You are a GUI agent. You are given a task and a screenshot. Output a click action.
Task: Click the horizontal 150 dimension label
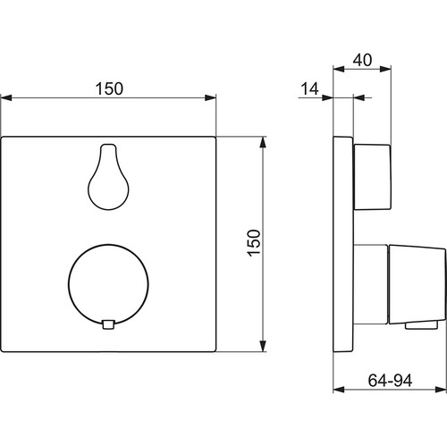(x=109, y=88)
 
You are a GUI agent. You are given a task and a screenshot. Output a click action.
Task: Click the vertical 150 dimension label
(x=254, y=243)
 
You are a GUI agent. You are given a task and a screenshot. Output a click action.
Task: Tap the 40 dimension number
(x=362, y=60)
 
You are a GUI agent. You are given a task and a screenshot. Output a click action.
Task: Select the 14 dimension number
(x=309, y=88)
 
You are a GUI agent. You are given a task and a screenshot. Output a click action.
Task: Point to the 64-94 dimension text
(x=390, y=381)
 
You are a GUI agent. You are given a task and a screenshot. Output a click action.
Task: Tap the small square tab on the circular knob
(x=108, y=324)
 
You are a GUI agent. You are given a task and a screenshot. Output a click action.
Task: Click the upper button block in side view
(x=372, y=177)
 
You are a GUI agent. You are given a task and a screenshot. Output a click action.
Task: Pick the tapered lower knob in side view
(x=417, y=285)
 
